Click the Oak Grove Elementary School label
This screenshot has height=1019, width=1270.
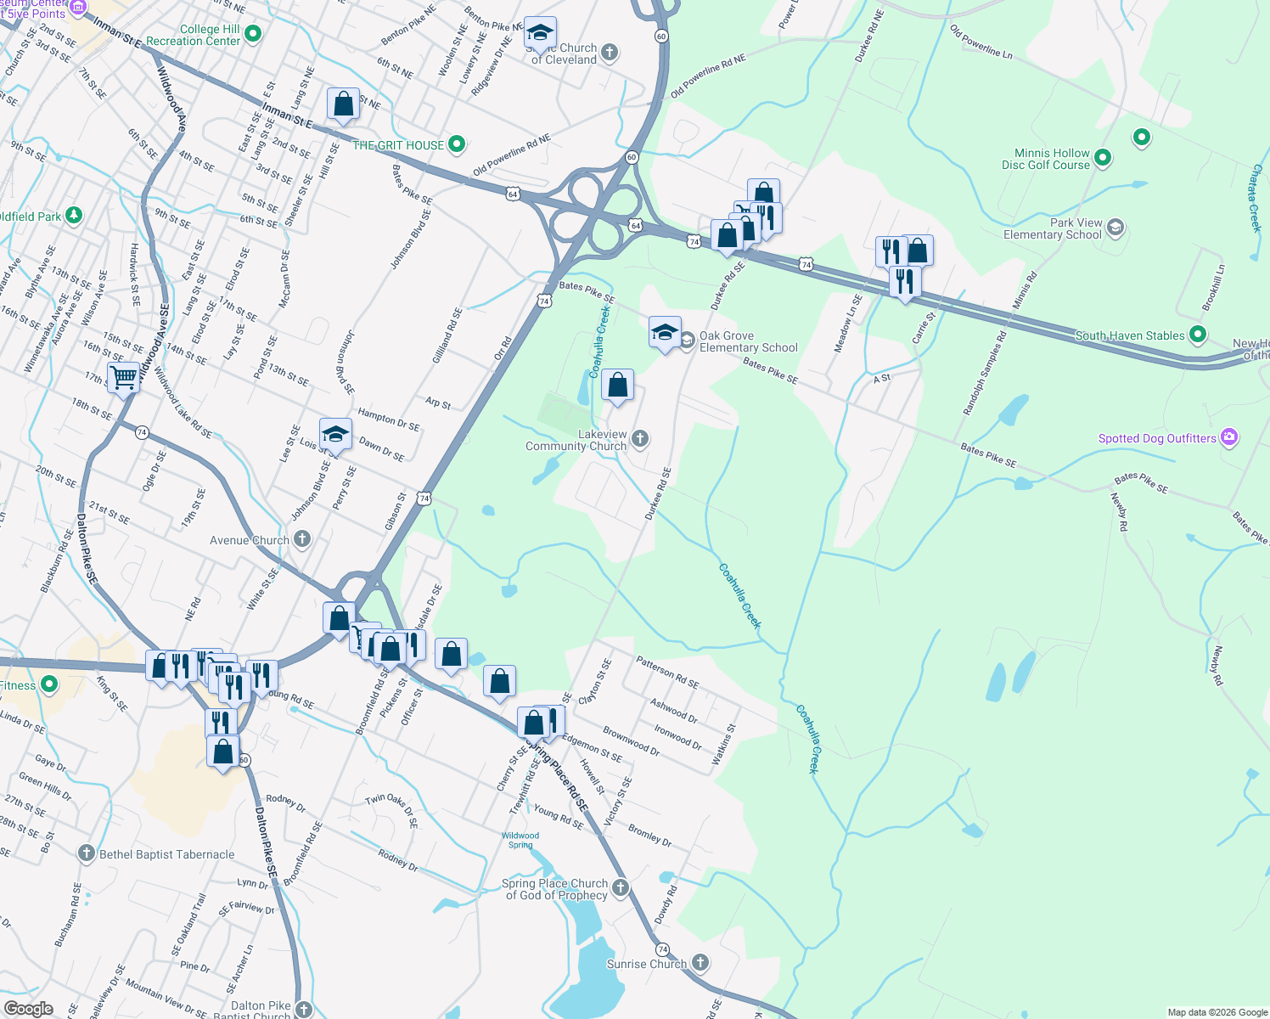(748, 341)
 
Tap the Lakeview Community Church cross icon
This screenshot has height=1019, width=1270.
(640, 438)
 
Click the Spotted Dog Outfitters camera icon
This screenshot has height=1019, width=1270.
(1228, 437)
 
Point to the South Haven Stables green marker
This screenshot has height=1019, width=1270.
(1198, 335)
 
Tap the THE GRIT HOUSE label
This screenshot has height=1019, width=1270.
(398, 145)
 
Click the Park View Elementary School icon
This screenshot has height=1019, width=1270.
(1115, 228)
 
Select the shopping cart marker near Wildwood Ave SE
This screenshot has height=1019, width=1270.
(124, 376)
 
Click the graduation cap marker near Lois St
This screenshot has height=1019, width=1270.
(335, 434)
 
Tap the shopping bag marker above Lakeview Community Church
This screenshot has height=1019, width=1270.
(618, 386)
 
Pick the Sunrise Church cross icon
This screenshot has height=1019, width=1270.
(700, 962)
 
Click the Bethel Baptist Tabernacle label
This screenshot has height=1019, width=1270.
(166, 854)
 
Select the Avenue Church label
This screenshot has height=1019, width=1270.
(249, 540)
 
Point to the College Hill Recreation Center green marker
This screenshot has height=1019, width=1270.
(253, 34)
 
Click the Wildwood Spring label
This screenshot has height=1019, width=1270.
(520, 840)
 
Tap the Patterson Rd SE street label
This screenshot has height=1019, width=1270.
(667, 672)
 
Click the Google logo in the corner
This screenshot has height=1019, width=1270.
(28, 1009)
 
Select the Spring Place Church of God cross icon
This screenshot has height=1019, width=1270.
(621, 888)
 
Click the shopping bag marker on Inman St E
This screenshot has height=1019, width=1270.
(343, 104)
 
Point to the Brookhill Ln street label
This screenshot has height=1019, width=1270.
(1213, 287)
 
